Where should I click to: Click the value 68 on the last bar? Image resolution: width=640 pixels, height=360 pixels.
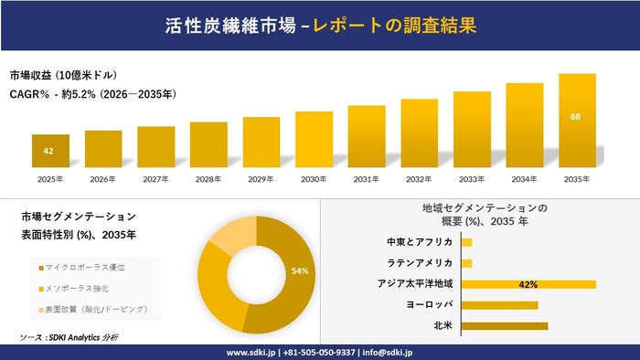[576, 116]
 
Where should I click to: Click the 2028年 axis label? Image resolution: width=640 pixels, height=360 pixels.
[208, 179]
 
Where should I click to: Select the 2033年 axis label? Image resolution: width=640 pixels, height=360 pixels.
[472, 179]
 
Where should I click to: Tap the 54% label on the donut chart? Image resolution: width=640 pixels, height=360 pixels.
[299, 271]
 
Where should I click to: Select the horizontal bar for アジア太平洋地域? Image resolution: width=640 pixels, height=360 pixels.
[528, 284]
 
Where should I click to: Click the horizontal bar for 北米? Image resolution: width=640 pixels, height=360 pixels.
[505, 325]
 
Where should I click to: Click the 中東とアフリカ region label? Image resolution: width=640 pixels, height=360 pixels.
[420, 242]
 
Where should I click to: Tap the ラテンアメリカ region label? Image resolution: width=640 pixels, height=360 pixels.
[422, 263]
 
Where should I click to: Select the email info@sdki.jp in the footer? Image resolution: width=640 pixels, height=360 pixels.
[390, 351]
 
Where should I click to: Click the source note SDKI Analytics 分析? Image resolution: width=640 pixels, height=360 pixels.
[69, 338]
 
